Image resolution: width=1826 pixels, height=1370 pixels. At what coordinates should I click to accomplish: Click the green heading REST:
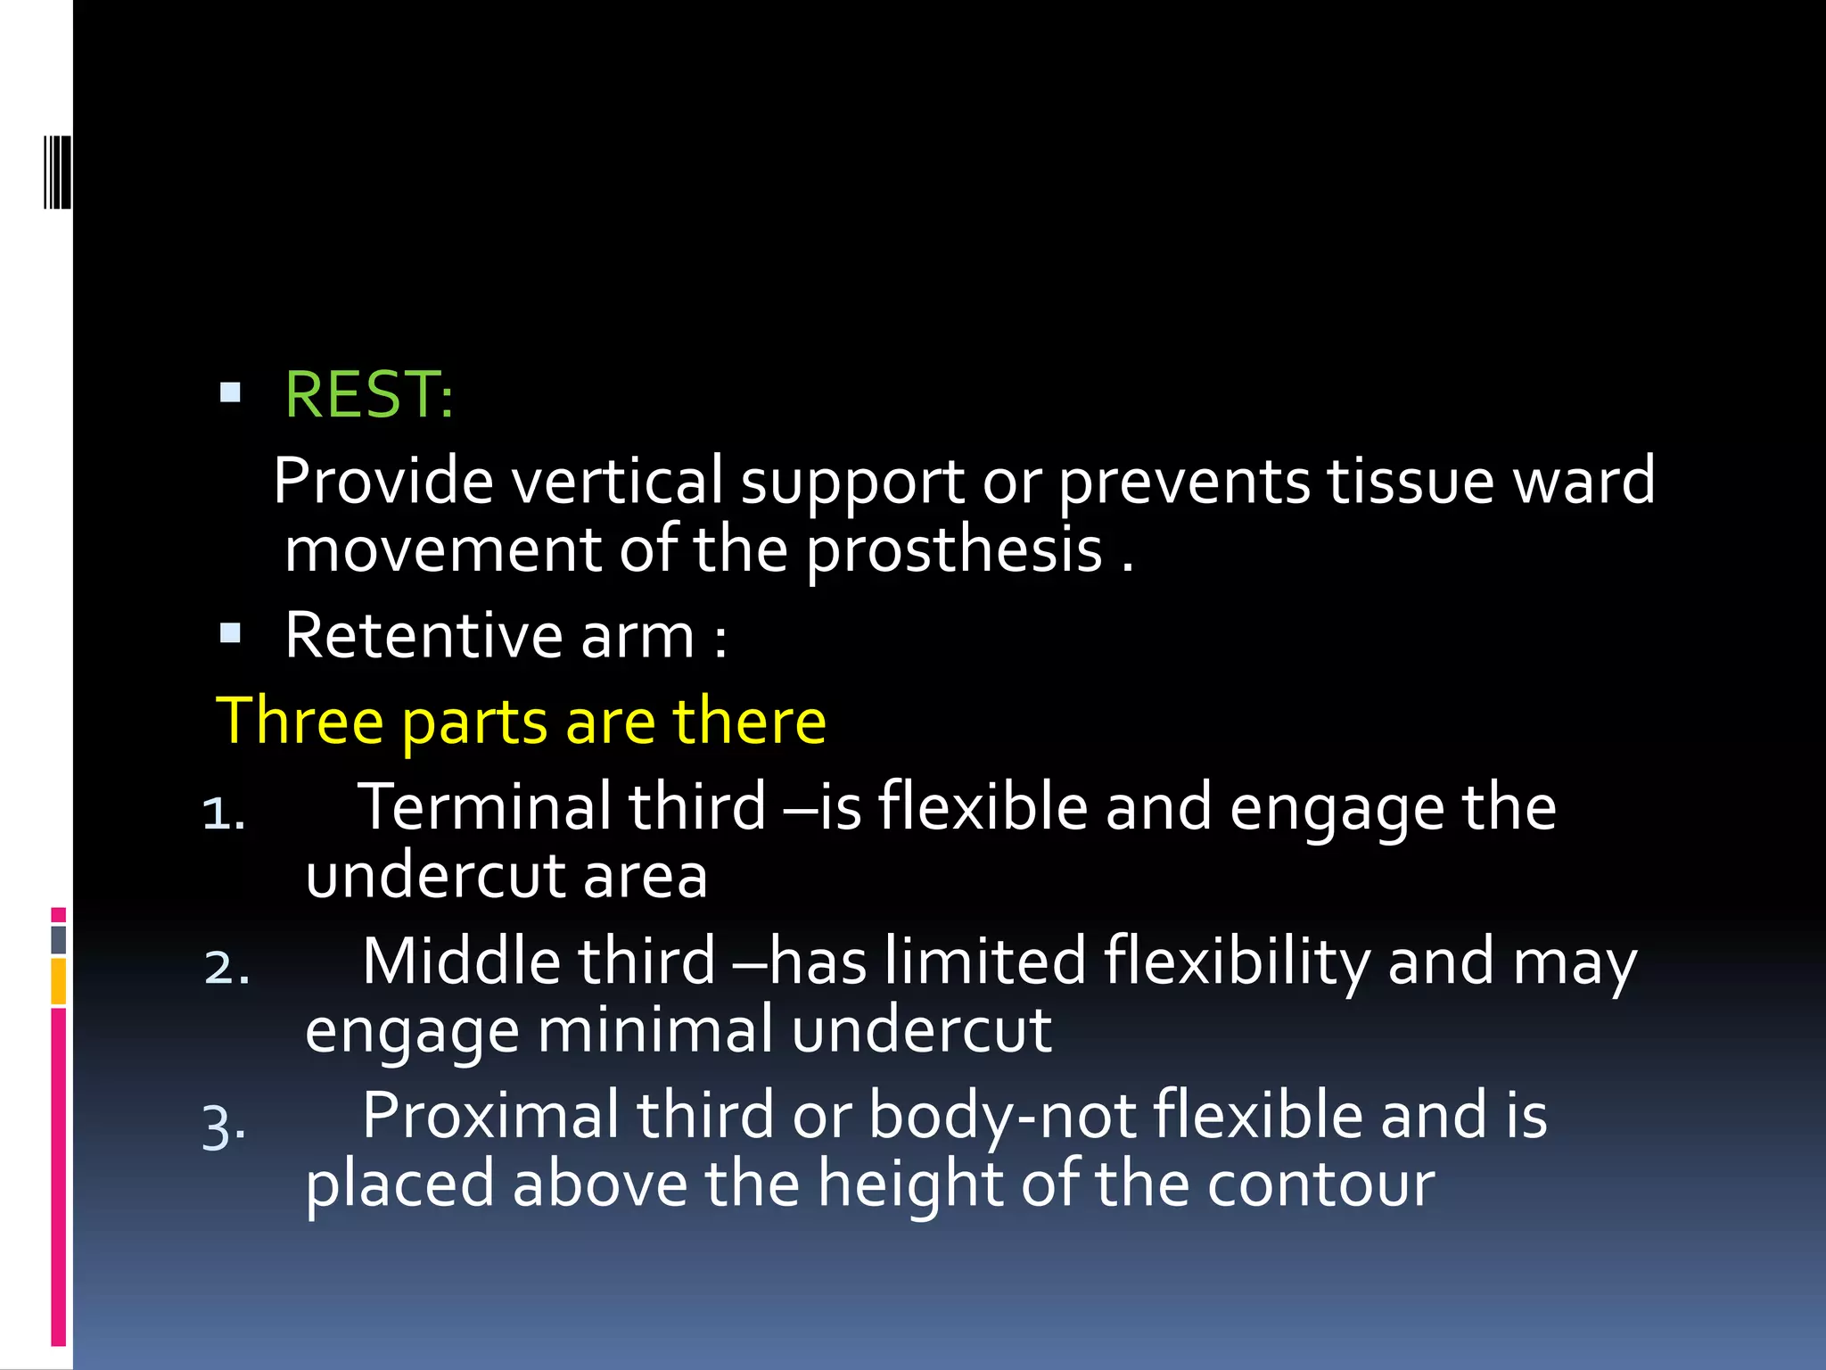point(368,394)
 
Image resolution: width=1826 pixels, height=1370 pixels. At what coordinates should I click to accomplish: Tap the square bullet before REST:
point(230,392)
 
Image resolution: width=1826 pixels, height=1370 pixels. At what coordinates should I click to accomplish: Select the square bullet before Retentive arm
point(230,633)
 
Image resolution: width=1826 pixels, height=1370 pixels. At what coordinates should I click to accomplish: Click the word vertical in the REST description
point(616,482)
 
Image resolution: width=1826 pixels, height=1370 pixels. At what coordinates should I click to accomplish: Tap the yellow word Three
point(299,721)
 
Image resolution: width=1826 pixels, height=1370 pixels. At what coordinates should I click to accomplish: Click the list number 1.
point(223,813)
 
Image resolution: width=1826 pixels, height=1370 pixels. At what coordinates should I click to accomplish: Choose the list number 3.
point(223,1126)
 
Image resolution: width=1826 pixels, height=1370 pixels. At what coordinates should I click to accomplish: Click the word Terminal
point(484,807)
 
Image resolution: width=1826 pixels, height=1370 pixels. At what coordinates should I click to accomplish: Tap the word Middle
point(461,961)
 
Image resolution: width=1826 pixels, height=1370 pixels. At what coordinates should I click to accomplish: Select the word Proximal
point(490,1116)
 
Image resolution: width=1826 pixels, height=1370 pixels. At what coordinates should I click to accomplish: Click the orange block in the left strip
point(59,981)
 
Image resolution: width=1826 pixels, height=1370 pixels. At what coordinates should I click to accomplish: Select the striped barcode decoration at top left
point(57,171)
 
